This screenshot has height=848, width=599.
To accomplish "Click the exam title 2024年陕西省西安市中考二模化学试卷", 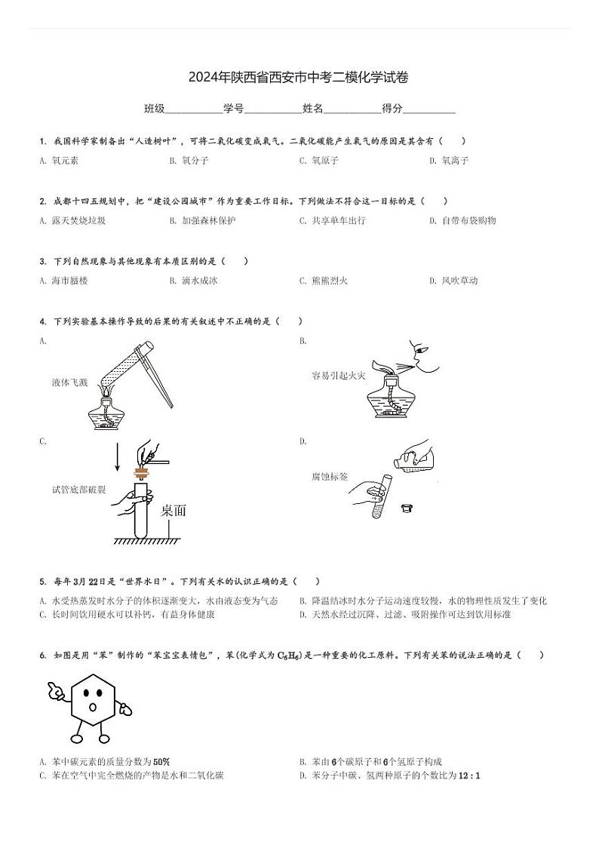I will pos(299,77).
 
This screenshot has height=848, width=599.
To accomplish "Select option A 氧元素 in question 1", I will pos(65,160).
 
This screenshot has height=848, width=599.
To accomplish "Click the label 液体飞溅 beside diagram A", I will pos(69,383).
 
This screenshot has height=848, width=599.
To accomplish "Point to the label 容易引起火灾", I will pos(339,375).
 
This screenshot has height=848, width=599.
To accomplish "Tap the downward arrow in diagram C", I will pos(118,457).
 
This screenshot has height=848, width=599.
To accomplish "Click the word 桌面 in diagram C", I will pos(174,511).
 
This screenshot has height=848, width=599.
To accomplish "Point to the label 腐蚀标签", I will pos(330,477).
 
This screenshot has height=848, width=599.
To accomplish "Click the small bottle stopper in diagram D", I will pos(407,508).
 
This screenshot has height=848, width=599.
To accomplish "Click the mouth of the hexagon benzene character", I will pos(93,707).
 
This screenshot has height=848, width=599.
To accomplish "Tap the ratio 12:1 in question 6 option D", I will pos(468,775).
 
